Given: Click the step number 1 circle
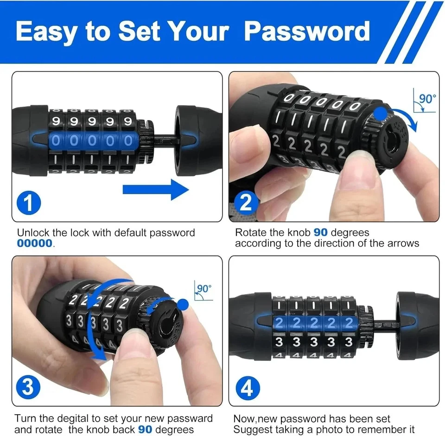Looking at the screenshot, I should click(x=29, y=202).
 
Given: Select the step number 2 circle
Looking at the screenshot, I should click(x=246, y=202).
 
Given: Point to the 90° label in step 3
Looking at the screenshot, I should click(x=204, y=288).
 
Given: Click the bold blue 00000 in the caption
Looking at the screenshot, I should click(x=35, y=243).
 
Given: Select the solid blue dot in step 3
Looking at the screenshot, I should click(x=184, y=304).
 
